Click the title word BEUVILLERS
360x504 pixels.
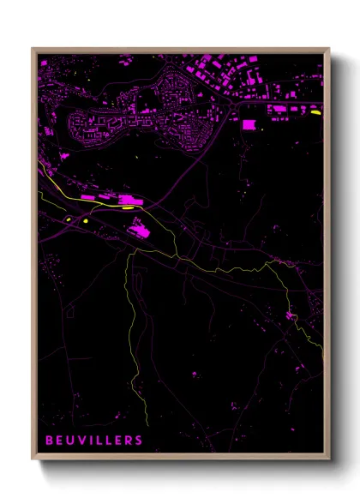(94, 440)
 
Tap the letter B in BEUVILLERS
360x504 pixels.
(50, 440)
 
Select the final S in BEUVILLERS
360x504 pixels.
(139, 440)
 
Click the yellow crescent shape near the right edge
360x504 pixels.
(315, 111)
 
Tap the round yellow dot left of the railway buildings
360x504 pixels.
(87, 221)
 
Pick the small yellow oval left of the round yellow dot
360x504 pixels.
(66, 219)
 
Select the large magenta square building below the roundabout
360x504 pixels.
(249, 125)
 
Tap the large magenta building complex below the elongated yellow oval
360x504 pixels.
(138, 228)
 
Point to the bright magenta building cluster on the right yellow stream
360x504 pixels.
(292, 317)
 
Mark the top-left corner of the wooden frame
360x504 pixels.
(33, 49)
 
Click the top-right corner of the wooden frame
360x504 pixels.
(329, 49)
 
